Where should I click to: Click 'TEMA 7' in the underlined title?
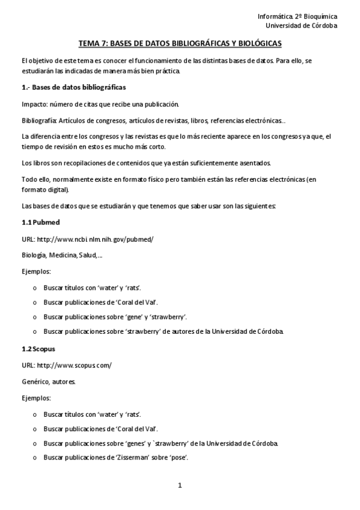tap(92, 44)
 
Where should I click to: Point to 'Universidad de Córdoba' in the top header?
tap(301, 26)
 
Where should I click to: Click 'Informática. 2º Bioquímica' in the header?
tap(297, 16)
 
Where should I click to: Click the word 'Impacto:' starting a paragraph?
tap(34, 104)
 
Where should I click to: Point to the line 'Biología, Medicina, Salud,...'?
tap(62, 256)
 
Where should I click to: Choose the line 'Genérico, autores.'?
tap(49, 381)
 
